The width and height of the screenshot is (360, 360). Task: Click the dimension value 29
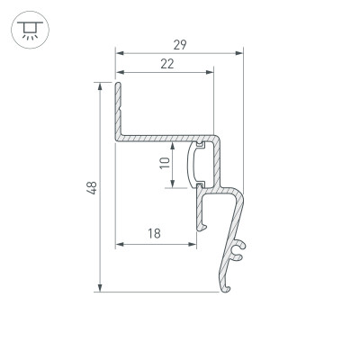pyautogui.click(x=179, y=43)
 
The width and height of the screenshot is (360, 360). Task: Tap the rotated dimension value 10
pyautogui.click(x=163, y=163)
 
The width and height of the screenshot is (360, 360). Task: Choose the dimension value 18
pyautogui.click(x=154, y=233)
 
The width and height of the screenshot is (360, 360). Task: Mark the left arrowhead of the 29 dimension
pyautogui.click(x=118, y=52)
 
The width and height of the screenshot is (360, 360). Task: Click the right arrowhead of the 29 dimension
pyautogui.click(x=241, y=52)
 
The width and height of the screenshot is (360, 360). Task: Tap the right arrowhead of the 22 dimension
pyautogui.click(x=212, y=72)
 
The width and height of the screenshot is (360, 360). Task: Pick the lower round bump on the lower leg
pyautogui.click(x=238, y=258)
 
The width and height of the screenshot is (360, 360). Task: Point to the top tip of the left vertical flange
pyautogui.click(x=117, y=85)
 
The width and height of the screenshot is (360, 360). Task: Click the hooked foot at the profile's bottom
pyautogui.click(x=224, y=287)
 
